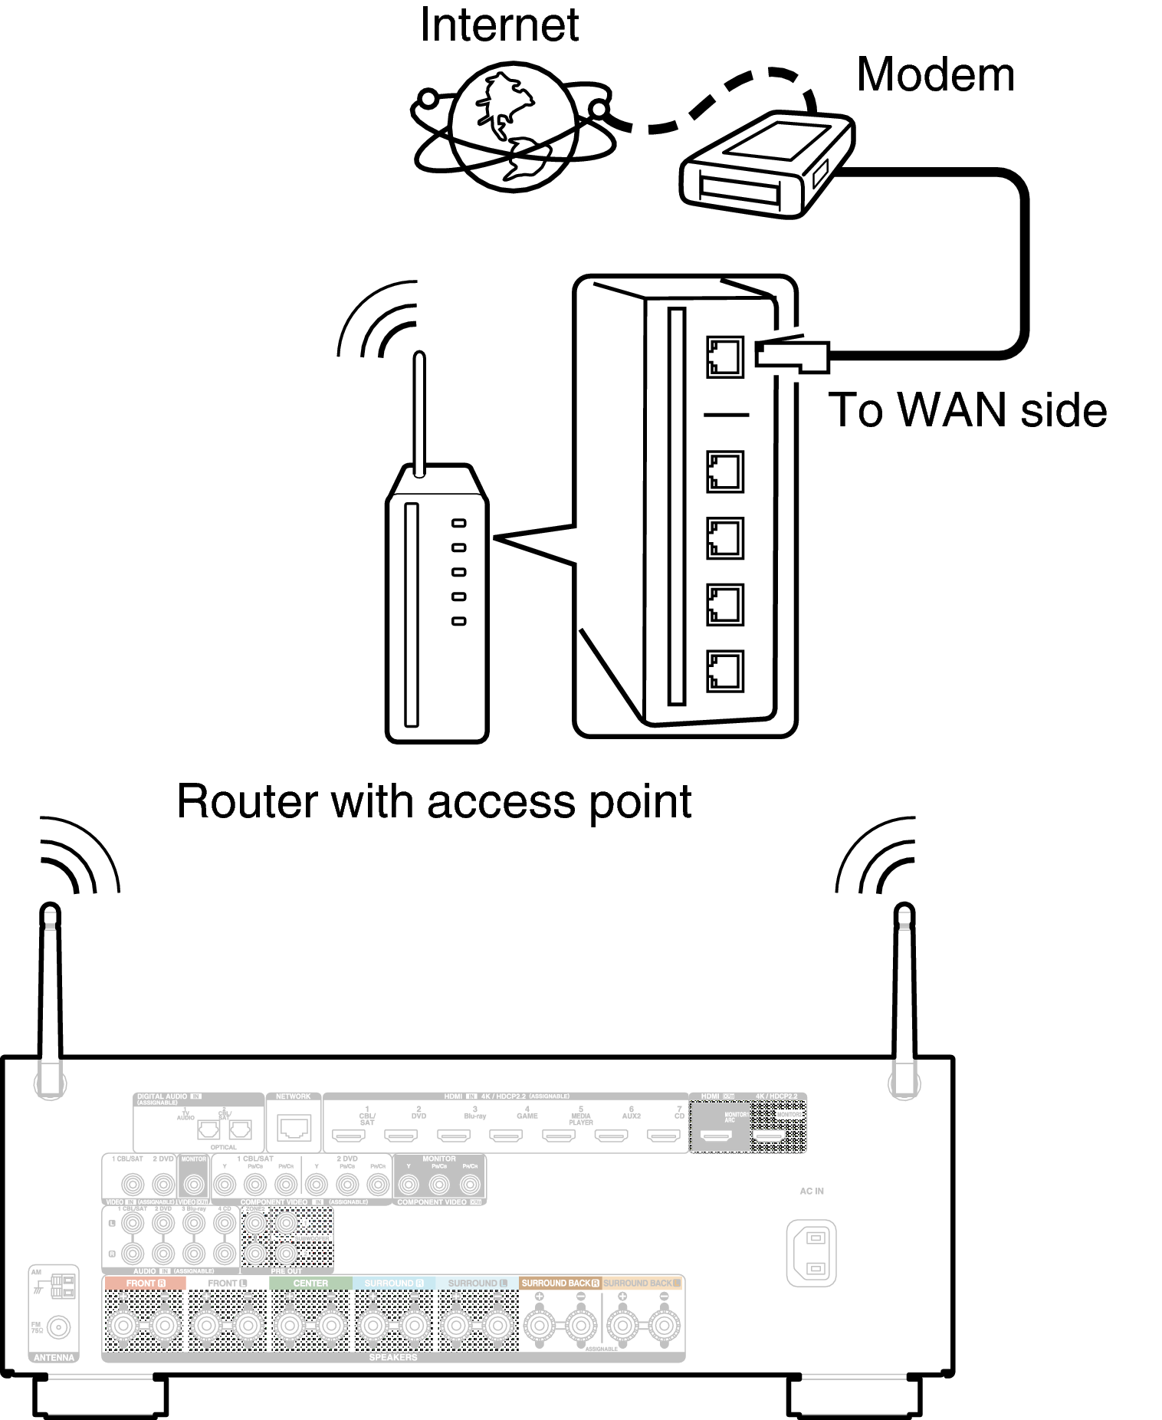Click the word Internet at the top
499,25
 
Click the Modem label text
934,75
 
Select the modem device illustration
766,165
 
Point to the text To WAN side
967,410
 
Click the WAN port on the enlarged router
724,357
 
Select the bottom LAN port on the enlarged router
724,671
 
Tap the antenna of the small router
419,414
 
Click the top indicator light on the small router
458,523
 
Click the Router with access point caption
434,802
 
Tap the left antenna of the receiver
50,997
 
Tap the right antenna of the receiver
904,997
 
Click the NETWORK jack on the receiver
294,1128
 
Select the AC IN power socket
812,1253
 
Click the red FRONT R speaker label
145,1283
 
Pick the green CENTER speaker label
310,1283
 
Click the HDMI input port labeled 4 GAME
506,1135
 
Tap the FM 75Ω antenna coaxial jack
59,1326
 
